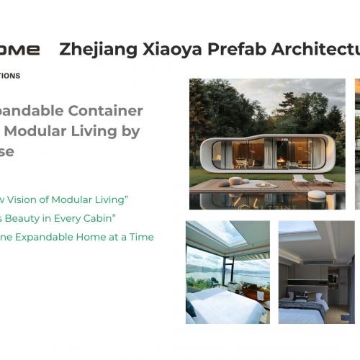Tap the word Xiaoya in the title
(165, 50)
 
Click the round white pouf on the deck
(236, 181)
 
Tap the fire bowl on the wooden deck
(265, 184)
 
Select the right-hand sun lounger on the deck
(323, 179)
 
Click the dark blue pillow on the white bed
(191, 307)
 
